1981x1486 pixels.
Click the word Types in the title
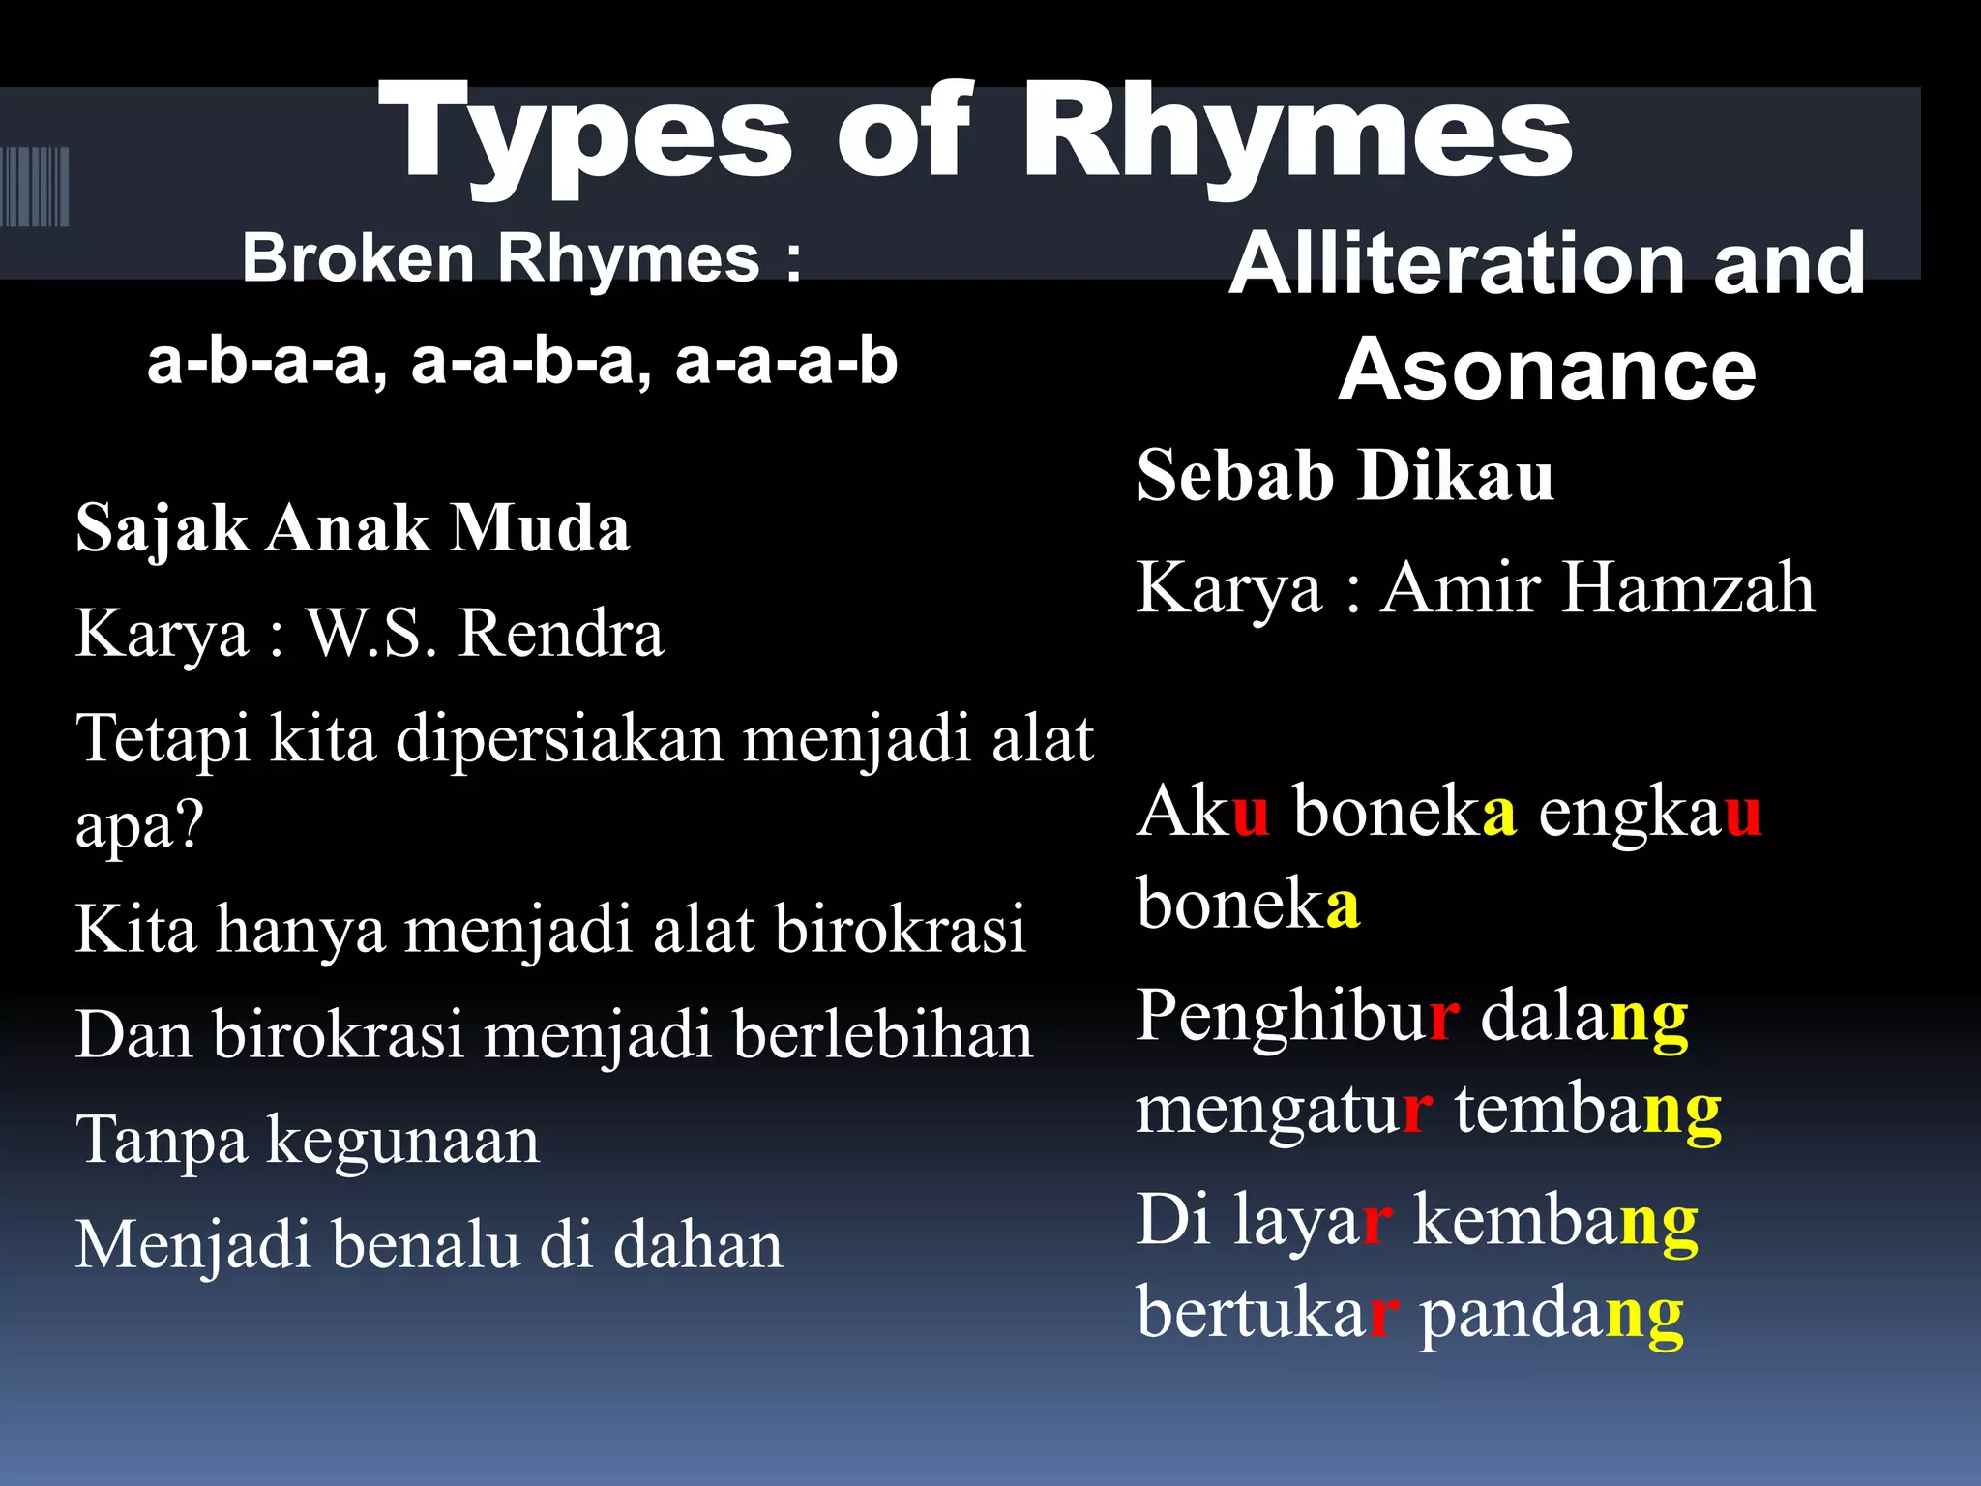coord(585,135)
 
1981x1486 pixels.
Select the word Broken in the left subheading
coord(358,258)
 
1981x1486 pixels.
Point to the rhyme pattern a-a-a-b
coord(786,363)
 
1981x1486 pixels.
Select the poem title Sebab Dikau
coord(1345,476)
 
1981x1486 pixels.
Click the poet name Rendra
coord(561,635)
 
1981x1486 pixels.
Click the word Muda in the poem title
coord(541,529)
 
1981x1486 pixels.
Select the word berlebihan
coord(882,1035)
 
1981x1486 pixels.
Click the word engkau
coord(1649,814)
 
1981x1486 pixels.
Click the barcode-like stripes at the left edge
coord(35,187)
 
